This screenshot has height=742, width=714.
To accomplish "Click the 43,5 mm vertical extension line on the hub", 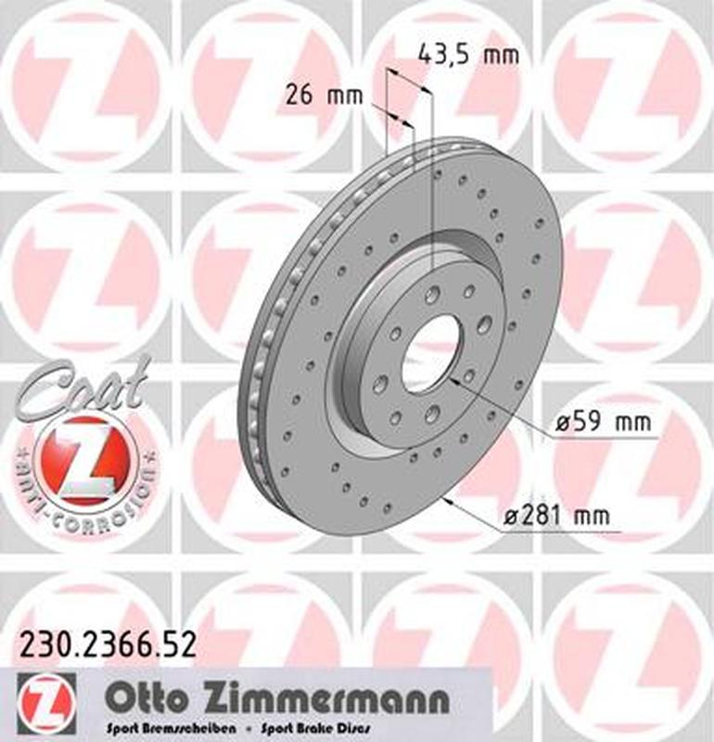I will [432, 185].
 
